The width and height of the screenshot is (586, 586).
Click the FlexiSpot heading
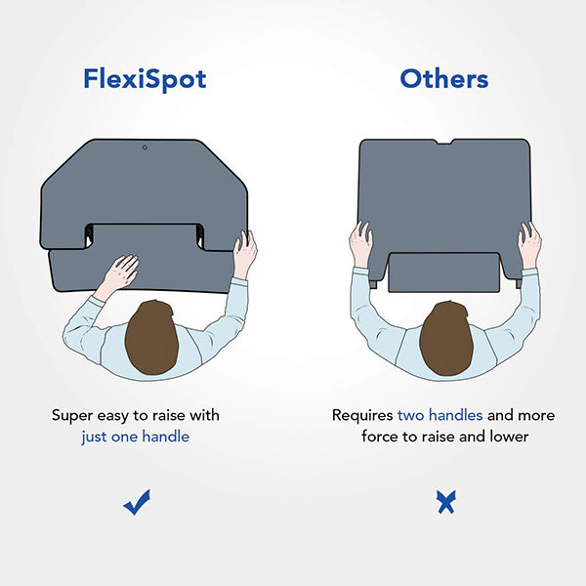145,80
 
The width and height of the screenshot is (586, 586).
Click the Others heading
444,79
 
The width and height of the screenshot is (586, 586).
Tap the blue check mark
137,502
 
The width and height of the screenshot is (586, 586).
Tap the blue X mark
446,502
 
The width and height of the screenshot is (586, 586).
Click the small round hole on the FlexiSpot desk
145,147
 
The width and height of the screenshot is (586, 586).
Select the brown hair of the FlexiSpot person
151,337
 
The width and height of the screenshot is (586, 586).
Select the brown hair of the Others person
446,338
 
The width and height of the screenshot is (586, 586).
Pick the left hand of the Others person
361,243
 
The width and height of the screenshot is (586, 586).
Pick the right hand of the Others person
529,244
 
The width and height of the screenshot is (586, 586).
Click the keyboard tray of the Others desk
444,272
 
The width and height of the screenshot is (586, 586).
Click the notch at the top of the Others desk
443,142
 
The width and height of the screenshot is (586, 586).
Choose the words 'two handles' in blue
439,415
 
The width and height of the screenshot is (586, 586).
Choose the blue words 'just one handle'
136,437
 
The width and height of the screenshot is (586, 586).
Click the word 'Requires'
362,416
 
